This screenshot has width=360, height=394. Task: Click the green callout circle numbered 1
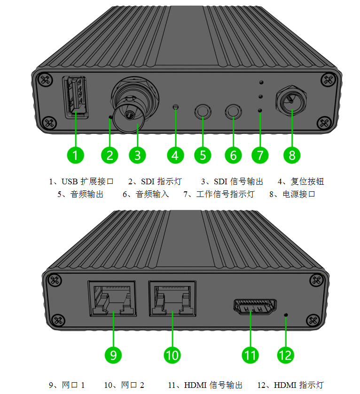click(x=75, y=154)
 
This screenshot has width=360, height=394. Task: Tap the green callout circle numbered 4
click(x=175, y=154)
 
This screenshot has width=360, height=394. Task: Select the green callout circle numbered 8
click(x=292, y=154)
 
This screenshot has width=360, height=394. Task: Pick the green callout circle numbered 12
click(x=286, y=354)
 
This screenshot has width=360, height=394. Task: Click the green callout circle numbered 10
click(x=172, y=354)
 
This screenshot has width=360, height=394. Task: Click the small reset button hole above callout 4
click(x=176, y=107)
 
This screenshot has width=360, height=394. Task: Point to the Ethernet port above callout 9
click(x=112, y=298)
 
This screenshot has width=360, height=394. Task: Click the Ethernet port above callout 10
click(x=172, y=298)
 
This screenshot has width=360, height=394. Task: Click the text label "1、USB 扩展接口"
click(x=81, y=181)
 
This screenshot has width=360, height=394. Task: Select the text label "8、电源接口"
click(x=292, y=194)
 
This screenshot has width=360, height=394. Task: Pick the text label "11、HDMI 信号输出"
click(x=205, y=385)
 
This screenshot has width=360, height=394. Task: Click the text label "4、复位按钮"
click(x=301, y=181)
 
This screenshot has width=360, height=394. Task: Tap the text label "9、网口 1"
click(x=67, y=385)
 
